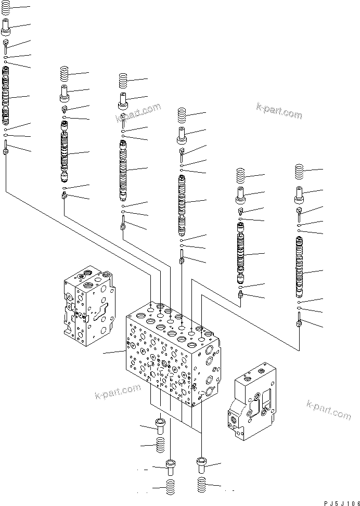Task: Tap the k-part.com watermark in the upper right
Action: (x=279, y=111)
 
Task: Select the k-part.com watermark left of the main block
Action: (x=118, y=392)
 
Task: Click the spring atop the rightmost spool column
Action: (x=299, y=171)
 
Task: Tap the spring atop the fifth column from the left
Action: (x=240, y=175)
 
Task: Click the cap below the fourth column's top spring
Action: (x=182, y=135)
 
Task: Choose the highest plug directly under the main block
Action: (x=160, y=426)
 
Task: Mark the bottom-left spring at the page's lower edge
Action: (x=170, y=489)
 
